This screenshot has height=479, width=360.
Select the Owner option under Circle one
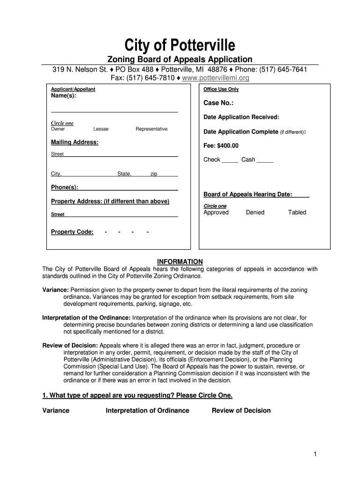58,129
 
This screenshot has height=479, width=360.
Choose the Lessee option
101,129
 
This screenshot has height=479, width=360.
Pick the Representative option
151,129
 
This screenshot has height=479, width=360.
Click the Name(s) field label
63,96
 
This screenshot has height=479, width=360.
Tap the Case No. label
218,103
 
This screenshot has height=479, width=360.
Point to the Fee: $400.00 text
221,145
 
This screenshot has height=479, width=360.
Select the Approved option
216,212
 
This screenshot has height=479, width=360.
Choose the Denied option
255,212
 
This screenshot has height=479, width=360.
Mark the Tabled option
297,212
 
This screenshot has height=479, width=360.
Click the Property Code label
72,232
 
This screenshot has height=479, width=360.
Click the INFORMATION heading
180,261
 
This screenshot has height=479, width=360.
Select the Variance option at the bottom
56,411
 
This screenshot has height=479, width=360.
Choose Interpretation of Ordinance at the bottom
147,411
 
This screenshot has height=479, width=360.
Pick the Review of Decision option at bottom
241,411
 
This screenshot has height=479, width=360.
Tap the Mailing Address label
74,142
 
